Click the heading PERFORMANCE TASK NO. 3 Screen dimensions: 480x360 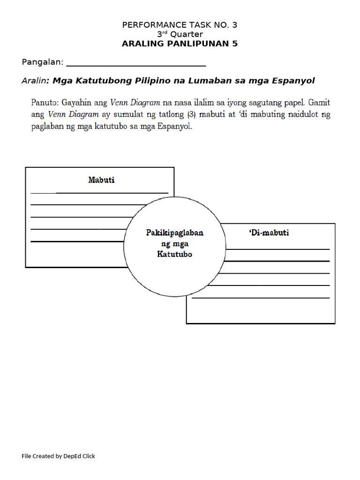click(x=183, y=25)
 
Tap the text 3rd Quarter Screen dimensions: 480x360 click(x=180, y=34)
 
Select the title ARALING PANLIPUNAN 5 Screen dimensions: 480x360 click(x=180, y=44)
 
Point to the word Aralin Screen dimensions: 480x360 click(x=34, y=81)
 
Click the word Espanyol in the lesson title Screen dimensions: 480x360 click(x=293, y=81)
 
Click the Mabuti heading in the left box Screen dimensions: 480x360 click(x=101, y=180)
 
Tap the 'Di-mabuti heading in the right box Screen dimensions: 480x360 click(x=269, y=232)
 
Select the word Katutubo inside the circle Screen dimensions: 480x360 click(x=175, y=255)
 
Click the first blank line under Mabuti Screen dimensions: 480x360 click(x=99, y=193)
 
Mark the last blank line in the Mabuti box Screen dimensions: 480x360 click(x=77, y=241)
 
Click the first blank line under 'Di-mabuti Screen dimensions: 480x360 click(x=277, y=249)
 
